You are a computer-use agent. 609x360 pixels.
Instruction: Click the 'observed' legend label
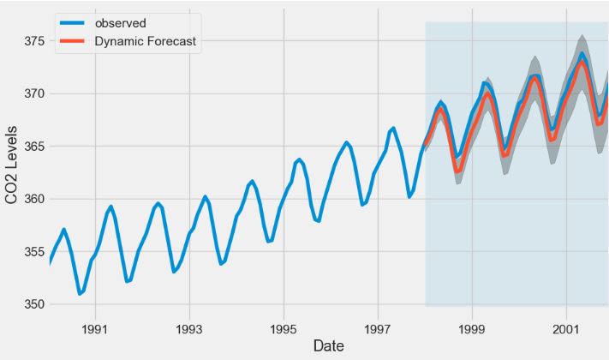click(121, 22)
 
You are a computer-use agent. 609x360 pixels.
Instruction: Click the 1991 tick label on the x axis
click(95, 328)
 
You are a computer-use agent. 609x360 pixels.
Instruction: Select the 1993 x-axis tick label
click(189, 328)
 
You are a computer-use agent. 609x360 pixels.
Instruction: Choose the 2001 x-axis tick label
click(566, 328)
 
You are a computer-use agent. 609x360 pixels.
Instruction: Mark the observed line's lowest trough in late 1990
click(80, 293)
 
